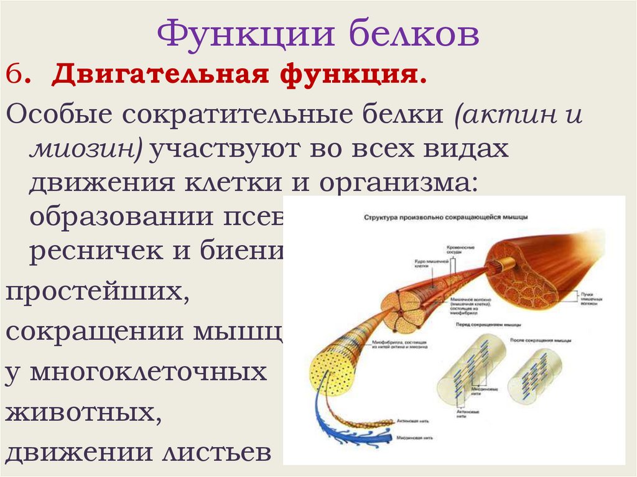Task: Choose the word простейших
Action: click(x=97, y=294)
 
